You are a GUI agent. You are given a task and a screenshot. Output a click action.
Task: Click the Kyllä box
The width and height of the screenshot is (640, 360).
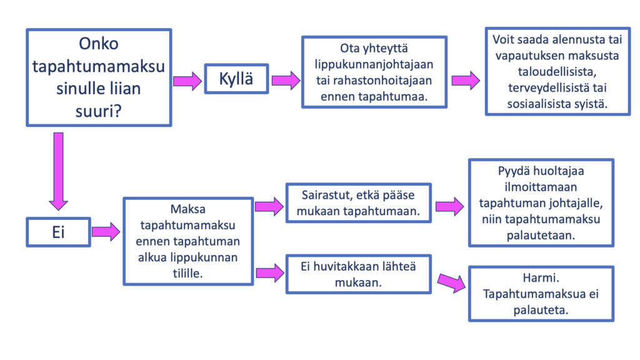[x=236, y=79]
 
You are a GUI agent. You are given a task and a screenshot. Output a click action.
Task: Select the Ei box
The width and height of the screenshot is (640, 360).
[x=58, y=232]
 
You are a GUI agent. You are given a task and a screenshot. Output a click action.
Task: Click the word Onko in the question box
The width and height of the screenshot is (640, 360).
[x=99, y=44]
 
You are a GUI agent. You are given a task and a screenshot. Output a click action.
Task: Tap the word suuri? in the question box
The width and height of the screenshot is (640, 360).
[x=99, y=111]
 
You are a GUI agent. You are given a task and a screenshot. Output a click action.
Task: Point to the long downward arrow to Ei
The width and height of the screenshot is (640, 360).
[x=58, y=171]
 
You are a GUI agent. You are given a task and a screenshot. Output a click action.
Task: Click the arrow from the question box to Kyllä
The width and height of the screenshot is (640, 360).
[x=187, y=81]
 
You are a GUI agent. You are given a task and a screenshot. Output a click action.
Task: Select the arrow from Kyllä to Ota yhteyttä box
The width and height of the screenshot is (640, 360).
[x=286, y=81]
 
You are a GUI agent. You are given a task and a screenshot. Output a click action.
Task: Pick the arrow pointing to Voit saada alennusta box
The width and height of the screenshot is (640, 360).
[x=466, y=81]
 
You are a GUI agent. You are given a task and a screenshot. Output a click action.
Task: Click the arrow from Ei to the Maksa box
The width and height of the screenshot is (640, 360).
[x=106, y=232]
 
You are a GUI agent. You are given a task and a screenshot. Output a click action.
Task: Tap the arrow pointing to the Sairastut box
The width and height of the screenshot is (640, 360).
[x=269, y=206]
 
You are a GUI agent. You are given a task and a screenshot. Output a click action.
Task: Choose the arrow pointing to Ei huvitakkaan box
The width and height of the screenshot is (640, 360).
[x=270, y=272]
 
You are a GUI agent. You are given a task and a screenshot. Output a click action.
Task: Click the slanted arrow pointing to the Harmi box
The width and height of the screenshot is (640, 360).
[x=451, y=282]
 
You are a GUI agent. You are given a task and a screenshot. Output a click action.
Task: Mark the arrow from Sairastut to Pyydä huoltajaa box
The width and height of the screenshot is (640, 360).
[x=449, y=206]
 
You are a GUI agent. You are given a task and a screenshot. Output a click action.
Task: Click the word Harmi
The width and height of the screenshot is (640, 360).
[x=541, y=278]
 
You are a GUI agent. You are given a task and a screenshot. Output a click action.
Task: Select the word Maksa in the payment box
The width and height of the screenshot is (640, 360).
[x=187, y=209]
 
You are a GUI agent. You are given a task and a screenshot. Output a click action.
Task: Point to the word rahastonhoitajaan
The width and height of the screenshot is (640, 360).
[x=374, y=81]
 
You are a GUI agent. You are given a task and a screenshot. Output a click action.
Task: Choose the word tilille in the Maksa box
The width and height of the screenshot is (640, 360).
[x=187, y=274]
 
